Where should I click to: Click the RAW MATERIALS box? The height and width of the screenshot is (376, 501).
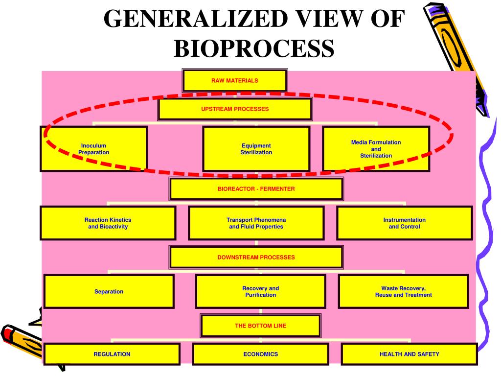234,81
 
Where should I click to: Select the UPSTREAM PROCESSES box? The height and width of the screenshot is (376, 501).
235,109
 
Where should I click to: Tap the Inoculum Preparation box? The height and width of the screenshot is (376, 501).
94,149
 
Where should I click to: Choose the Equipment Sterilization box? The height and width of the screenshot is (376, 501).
256,149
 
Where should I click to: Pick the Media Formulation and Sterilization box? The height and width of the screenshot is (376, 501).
376,149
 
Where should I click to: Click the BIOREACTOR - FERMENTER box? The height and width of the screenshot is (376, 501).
256,189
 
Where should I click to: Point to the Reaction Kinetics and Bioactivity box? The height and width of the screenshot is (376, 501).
108,223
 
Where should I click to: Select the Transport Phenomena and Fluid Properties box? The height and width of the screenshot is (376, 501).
256,223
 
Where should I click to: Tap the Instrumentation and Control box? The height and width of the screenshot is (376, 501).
404,223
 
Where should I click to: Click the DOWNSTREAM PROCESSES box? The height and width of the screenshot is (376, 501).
256,257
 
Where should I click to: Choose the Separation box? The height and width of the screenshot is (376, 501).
109,291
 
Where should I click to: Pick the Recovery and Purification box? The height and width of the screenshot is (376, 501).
260,291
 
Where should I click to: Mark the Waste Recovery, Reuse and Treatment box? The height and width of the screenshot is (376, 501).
403,291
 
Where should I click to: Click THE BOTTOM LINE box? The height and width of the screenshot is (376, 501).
261,326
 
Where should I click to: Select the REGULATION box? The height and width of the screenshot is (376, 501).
112,354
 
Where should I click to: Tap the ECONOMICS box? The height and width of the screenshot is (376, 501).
260,354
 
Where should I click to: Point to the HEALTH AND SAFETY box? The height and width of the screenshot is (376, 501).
409,354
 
